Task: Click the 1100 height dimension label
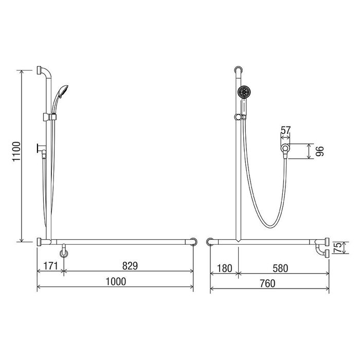tap(16, 152)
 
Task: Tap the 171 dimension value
tap(50, 266)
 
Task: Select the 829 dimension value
tap(130, 266)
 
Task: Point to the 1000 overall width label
tap(116, 281)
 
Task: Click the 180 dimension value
tap(224, 268)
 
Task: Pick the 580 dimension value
tap(280, 268)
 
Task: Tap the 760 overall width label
tap(268, 283)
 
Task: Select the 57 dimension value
tap(285, 130)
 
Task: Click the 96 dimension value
tap(319, 151)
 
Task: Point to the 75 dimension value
tap(338, 248)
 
